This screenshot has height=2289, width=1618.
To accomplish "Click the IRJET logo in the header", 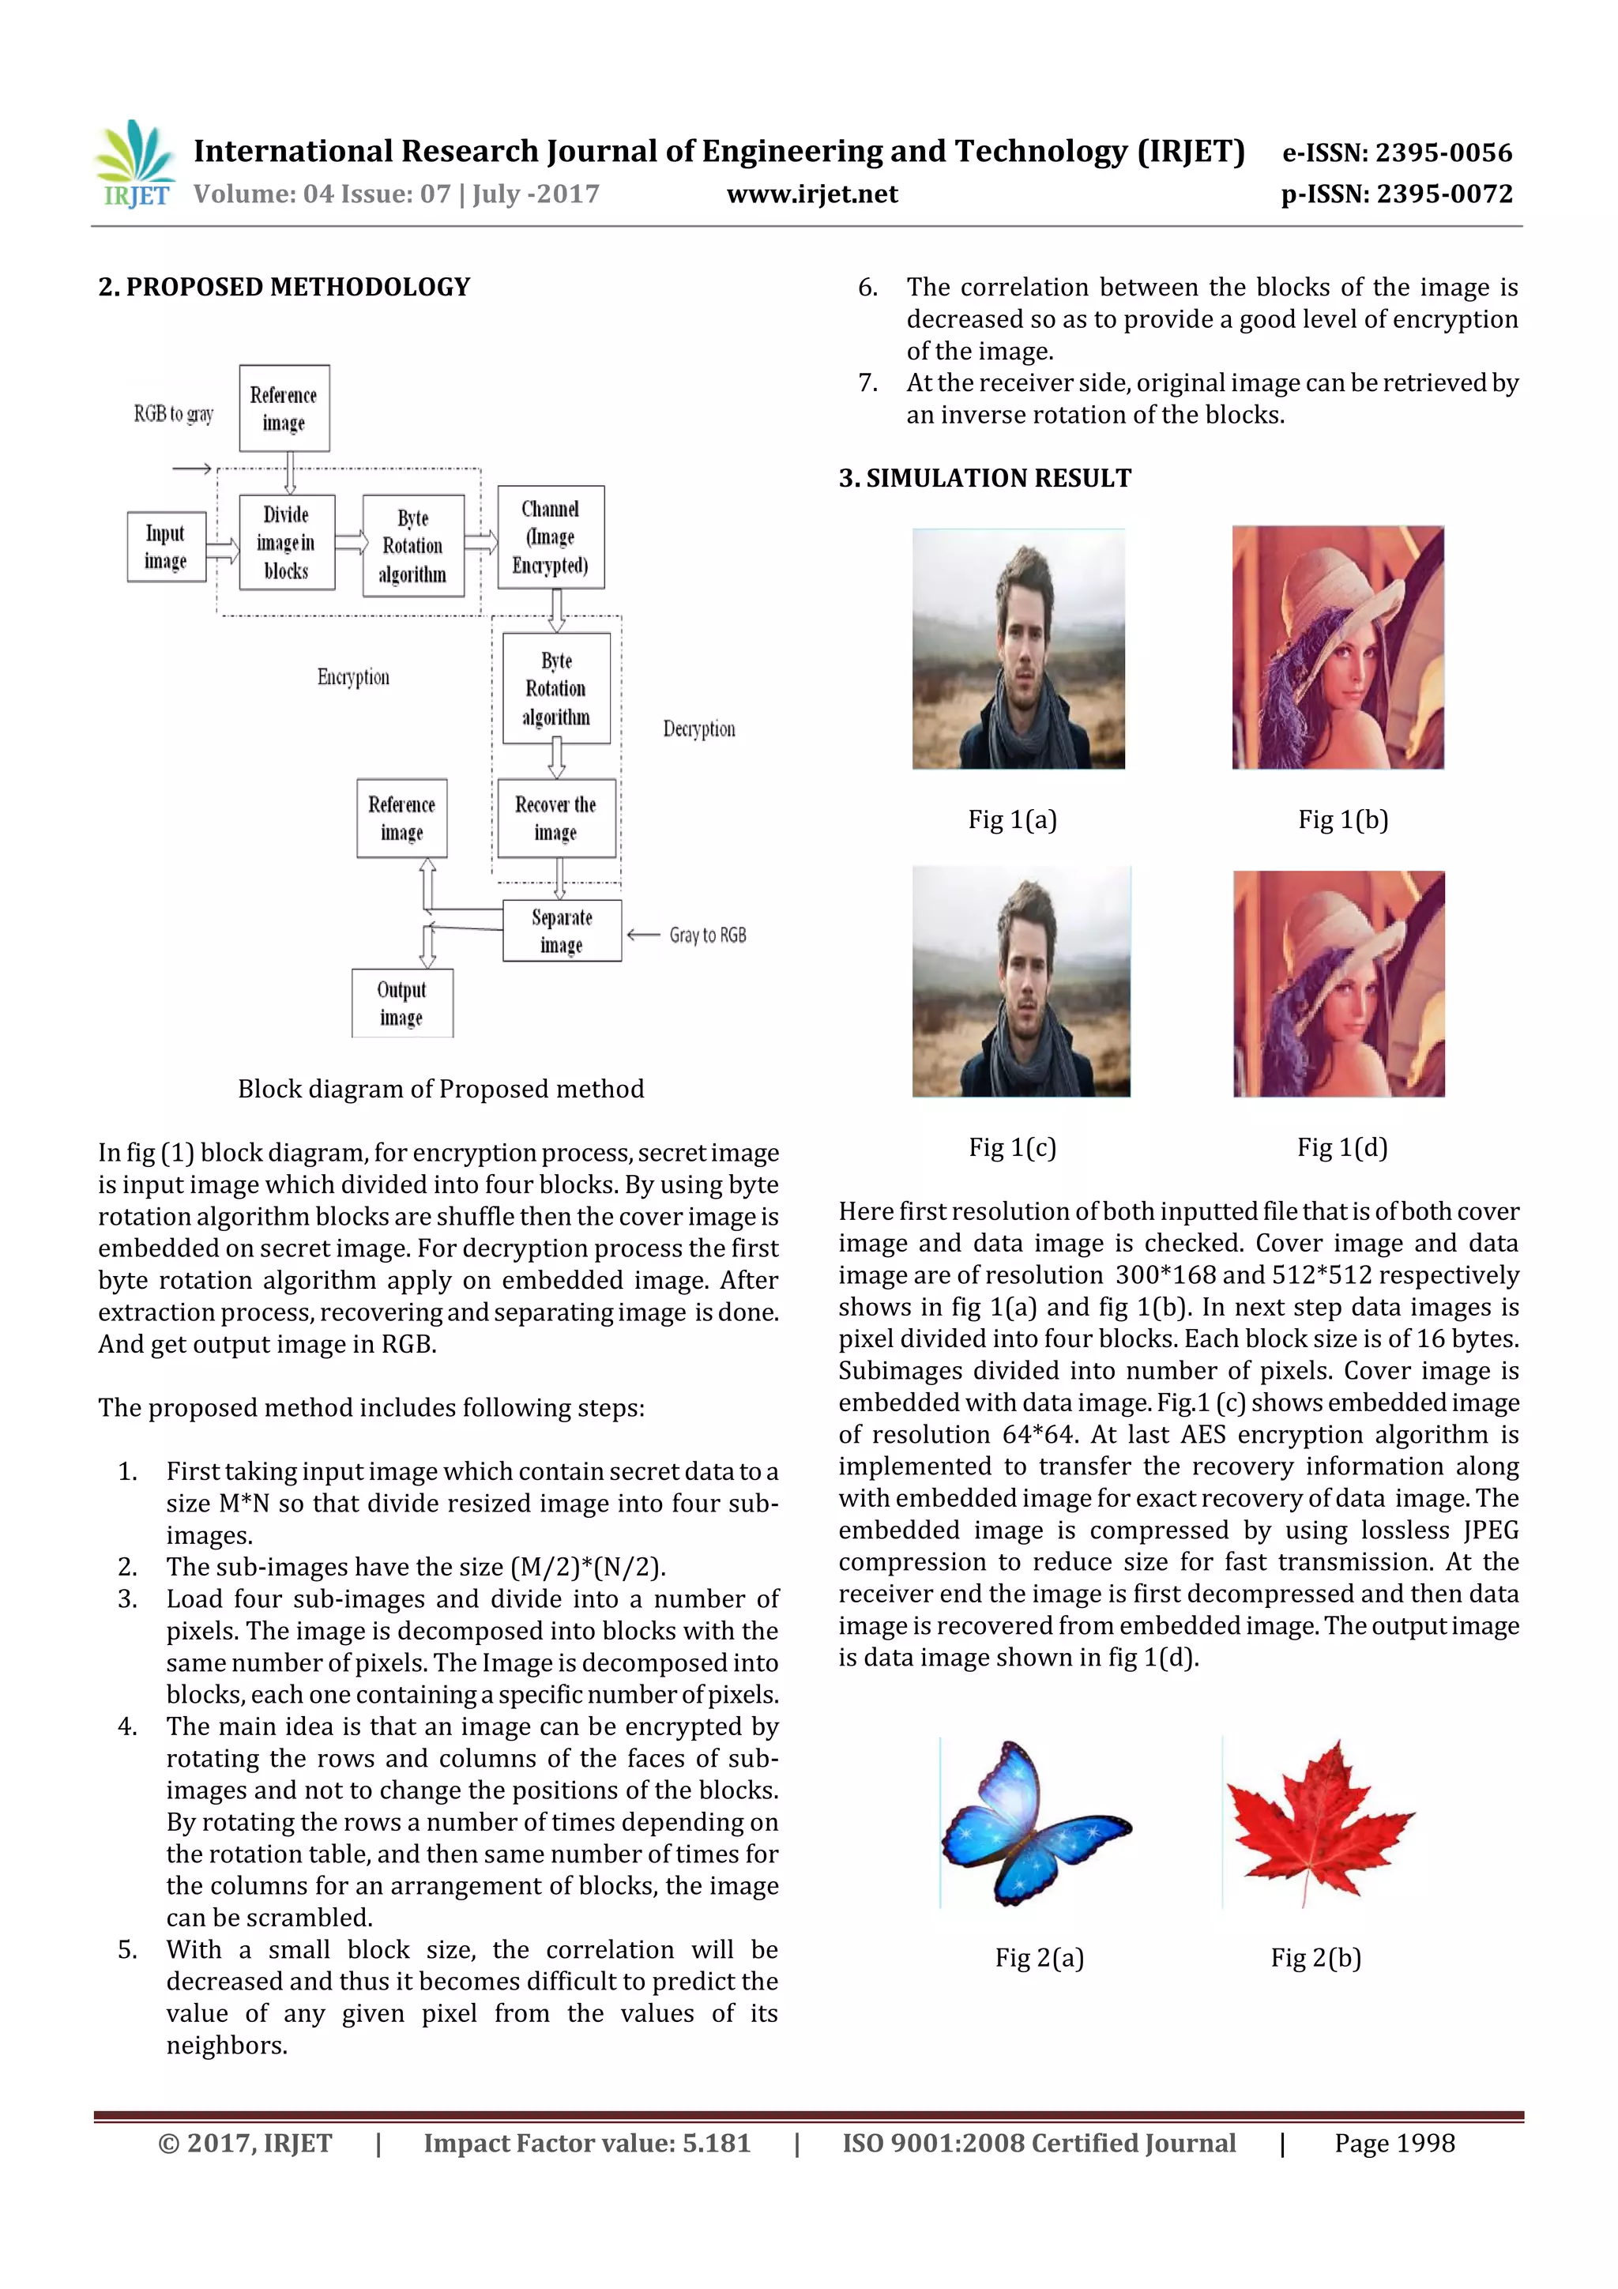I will [134, 164].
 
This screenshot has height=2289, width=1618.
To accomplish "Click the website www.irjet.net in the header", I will [811, 194].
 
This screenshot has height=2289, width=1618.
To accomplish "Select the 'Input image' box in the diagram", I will [165, 546].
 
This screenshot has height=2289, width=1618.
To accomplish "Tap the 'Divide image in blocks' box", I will [286, 542].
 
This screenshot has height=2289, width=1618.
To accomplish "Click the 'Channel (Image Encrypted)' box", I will [551, 537].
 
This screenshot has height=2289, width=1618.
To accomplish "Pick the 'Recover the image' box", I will [555, 818].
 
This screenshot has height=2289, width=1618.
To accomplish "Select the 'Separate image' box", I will [561, 930].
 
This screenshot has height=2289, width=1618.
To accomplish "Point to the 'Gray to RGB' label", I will [707, 936].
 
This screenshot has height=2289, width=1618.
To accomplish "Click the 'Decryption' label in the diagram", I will [699, 728].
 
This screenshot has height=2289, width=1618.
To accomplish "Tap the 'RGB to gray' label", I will [174, 414].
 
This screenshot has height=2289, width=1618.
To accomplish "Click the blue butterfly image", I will [1036, 1822].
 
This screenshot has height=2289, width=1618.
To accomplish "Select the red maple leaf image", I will [1318, 1822].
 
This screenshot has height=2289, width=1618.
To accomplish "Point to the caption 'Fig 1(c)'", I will [1012, 1147].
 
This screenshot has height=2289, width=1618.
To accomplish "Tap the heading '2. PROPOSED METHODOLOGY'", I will [284, 287].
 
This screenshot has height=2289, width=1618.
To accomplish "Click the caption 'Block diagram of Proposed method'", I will [441, 1089].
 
